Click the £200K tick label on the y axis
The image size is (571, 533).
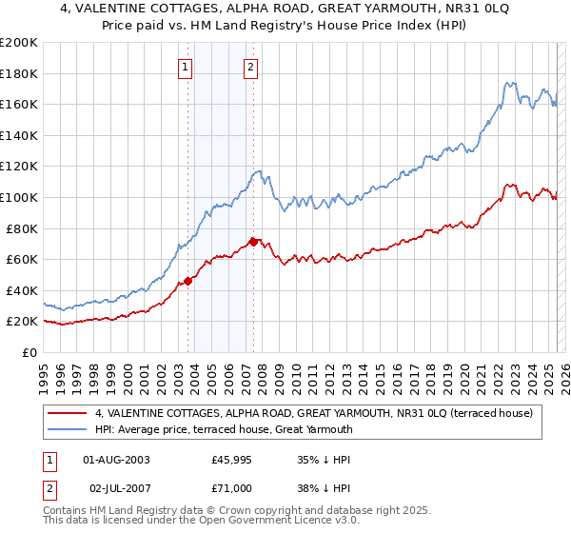point(19,43)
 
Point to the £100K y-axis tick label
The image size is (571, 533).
point(19,197)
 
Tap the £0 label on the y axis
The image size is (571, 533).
point(30,352)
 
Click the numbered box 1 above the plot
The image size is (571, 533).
point(185,67)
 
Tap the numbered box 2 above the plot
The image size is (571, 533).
point(250,67)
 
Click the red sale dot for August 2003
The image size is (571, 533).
point(188,281)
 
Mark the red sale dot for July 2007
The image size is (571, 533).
point(253,242)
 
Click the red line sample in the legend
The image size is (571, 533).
point(69,413)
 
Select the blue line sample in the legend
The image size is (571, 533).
point(69,429)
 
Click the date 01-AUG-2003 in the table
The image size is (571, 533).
point(117,460)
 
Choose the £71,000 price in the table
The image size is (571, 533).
point(232,488)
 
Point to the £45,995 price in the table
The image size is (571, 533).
point(232,460)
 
